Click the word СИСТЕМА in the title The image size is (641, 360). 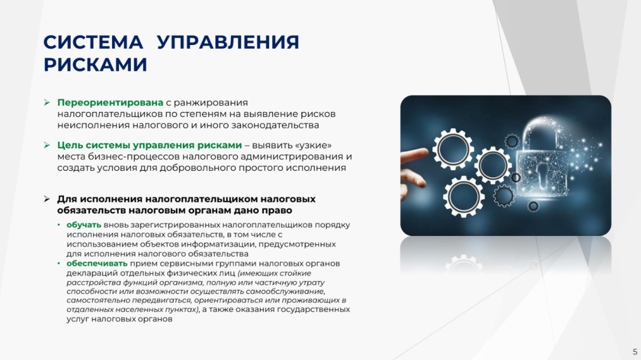tap(93, 42)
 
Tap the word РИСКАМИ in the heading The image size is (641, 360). tap(95, 64)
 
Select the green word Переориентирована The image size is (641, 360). tap(110, 103)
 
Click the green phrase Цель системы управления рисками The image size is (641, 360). tap(149, 145)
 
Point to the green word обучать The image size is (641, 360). tap(84, 225)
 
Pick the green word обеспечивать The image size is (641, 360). tap(97, 264)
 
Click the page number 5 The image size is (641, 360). tap(635, 352)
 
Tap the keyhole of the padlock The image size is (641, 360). tap(543, 175)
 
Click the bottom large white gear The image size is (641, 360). tap(464, 197)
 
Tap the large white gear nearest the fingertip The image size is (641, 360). tap(453, 149)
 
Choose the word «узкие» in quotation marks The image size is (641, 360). tap(313, 145)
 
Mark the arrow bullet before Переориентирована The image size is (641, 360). tap(46, 102)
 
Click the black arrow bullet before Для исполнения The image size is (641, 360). tap(46, 199)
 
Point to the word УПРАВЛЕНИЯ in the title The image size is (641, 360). tap(228, 42)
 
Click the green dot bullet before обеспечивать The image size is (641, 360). tap(59, 264)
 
